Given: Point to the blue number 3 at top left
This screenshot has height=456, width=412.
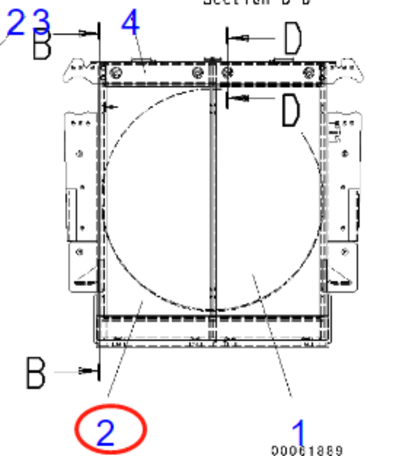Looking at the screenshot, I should [x=42, y=22].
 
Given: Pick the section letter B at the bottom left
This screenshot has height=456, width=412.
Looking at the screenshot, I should [x=36, y=372].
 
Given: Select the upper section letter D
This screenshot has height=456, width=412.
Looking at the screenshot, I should [x=293, y=39].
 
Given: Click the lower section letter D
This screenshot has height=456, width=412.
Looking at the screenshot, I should [x=291, y=111].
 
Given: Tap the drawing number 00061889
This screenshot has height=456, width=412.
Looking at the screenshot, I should [x=307, y=450].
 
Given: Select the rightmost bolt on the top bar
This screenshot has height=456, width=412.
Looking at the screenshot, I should [x=309, y=72].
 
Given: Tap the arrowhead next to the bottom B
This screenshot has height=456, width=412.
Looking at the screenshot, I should [x=84, y=371].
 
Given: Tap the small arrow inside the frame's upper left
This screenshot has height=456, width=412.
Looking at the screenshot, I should [x=107, y=107].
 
